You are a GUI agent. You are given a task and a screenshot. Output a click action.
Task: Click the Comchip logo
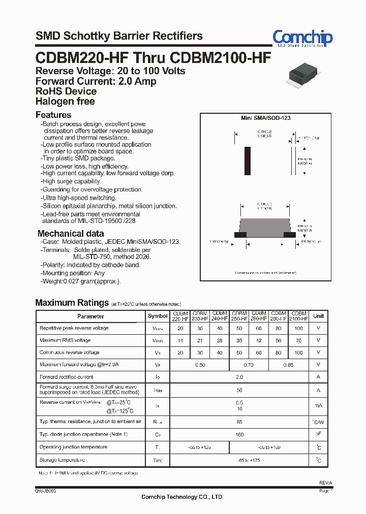(302, 38)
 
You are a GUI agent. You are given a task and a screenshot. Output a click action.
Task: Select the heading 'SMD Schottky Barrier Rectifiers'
(119, 36)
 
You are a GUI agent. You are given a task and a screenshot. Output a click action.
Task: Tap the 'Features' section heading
(53, 115)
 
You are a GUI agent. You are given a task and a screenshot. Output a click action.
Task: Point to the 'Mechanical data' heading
(71, 234)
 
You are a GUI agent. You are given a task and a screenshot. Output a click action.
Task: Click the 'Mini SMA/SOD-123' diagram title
(265, 118)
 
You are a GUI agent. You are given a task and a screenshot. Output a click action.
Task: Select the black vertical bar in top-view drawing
(248, 161)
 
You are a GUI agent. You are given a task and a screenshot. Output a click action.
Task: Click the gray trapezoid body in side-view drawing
(264, 224)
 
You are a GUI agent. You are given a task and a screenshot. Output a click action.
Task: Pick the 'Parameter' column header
(90, 316)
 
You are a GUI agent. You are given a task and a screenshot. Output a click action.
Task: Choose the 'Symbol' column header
(158, 316)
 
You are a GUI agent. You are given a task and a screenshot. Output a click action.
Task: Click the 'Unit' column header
(318, 316)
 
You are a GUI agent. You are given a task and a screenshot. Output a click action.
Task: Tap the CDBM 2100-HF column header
(299, 316)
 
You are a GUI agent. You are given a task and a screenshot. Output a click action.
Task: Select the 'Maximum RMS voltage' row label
(65, 340)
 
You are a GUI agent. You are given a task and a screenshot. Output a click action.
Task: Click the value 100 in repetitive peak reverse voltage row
(299, 328)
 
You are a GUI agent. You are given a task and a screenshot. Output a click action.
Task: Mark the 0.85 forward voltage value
(289, 365)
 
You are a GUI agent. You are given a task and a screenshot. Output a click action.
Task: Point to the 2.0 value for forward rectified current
(239, 377)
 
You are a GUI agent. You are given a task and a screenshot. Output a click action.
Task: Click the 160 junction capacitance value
(239, 435)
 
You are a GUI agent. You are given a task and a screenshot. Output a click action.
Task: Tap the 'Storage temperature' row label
(62, 460)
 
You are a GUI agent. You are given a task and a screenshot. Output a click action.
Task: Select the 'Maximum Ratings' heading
(72, 303)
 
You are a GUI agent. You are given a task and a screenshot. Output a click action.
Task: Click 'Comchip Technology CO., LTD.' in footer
(182, 497)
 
